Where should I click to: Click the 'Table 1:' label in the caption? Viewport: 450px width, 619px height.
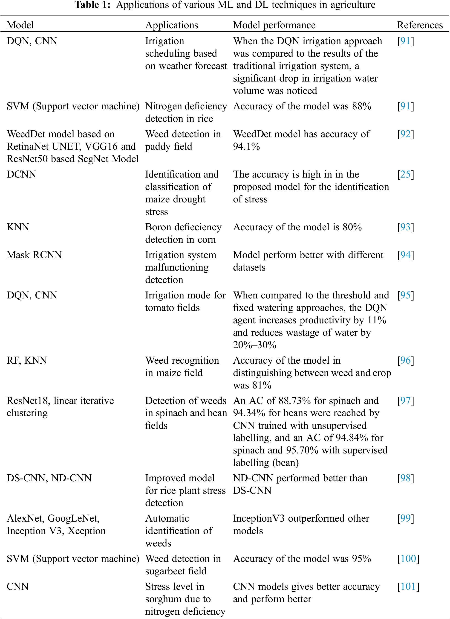[x=92, y=5]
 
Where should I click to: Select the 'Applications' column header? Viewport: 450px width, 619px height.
[x=172, y=25]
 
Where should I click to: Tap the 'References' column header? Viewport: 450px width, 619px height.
[x=420, y=25]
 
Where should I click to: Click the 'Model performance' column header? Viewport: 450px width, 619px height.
[x=274, y=25]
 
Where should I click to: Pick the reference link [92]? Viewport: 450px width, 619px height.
[x=405, y=134]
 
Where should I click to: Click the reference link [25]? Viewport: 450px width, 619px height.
[x=405, y=174]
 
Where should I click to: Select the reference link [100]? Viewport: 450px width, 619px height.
[x=408, y=559]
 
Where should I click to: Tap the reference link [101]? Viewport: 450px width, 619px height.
[x=408, y=587]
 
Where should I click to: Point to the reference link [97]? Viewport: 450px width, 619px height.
[x=405, y=401]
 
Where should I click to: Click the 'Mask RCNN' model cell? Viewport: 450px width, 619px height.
[x=34, y=255]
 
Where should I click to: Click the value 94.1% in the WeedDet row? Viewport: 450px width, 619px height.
[x=246, y=146]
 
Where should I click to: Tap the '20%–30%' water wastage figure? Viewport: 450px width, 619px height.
[x=254, y=345]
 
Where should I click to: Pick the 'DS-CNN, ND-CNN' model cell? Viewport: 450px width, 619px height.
[x=49, y=478]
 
